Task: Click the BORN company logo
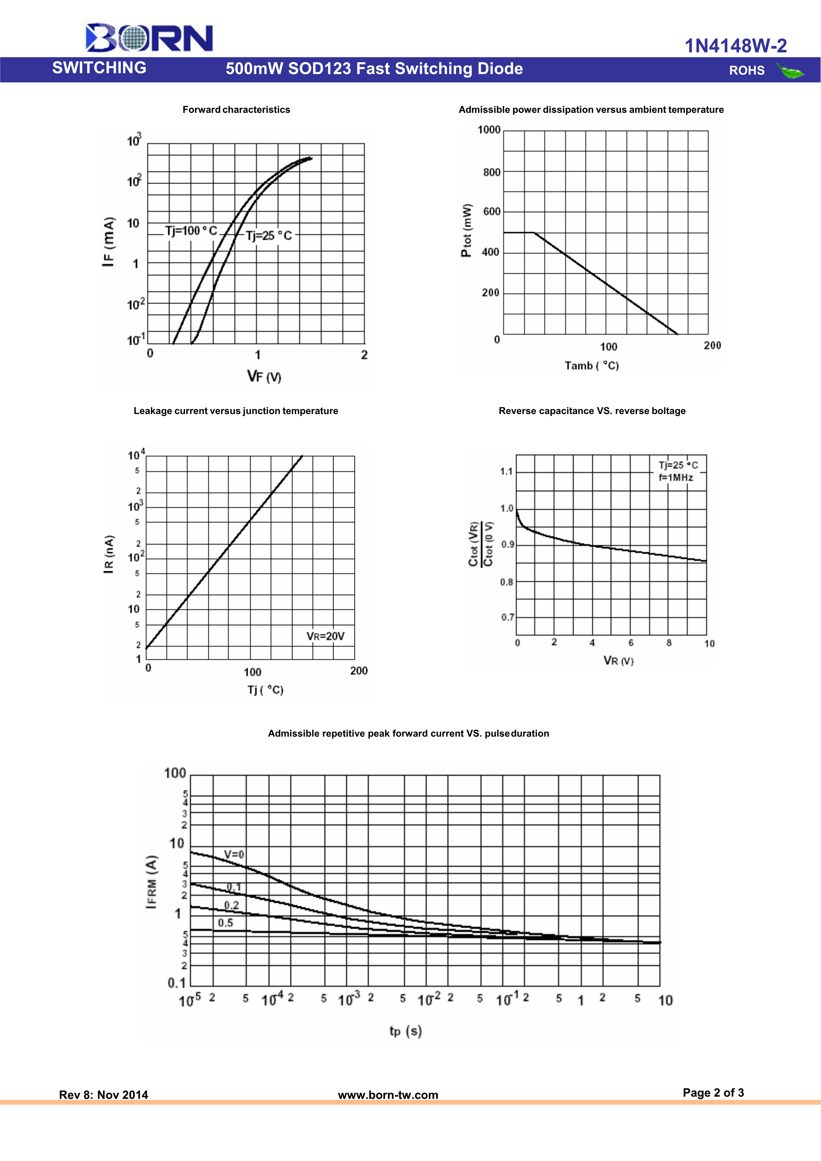tap(149, 38)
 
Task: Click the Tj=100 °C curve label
tap(191, 231)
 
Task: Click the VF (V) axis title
tap(264, 376)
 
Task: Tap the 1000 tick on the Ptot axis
tap(489, 130)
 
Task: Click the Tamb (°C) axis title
tap(591, 366)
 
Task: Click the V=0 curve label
tap(234, 854)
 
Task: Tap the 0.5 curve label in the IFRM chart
tap(225, 923)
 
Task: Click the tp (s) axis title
tap(405, 1031)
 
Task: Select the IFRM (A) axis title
tap(152, 882)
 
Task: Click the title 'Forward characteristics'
tap(236, 110)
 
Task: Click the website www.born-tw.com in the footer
tap(388, 1095)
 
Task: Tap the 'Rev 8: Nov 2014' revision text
tap(104, 1095)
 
